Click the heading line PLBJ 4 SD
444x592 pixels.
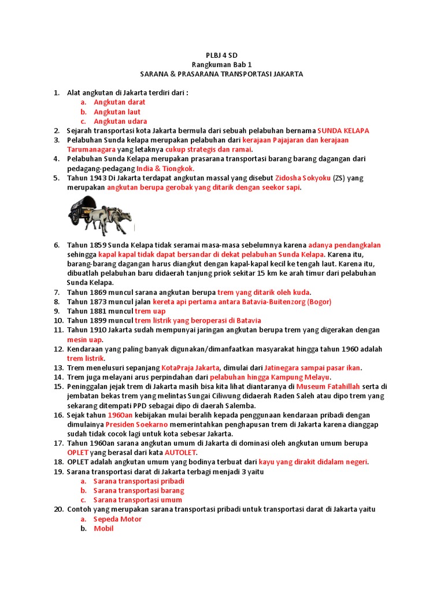[221, 55]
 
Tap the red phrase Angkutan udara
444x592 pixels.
[120, 121]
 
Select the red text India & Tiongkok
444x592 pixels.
[165, 168]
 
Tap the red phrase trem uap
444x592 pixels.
[150, 311]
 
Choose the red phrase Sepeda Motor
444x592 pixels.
[117, 519]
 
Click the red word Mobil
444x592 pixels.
[103, 528]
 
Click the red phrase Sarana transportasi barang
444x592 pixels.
[139, 490]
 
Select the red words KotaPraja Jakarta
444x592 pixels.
[190, 368]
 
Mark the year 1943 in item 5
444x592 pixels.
[98, 178]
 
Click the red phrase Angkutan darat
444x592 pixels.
[119, 102]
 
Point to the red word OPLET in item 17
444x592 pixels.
[77, 452]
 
